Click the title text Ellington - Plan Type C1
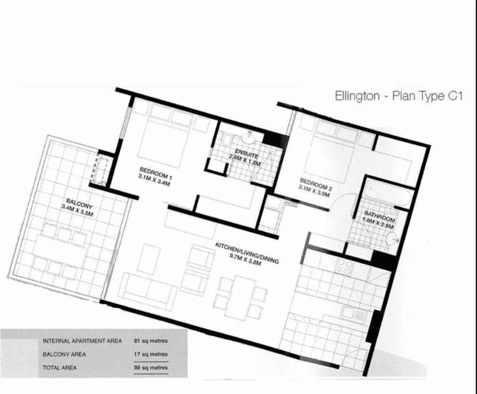point(399,96)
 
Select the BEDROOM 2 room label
point(316,184)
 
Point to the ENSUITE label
point(247,154)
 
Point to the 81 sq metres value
point(150,341)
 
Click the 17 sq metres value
point(150,354)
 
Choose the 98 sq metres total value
point(150,368)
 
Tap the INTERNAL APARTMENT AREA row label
point(82,341)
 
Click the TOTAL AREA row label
point(60,368)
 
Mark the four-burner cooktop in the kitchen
point(344,267)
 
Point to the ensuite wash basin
point(249,138)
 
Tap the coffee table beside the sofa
point(149,259)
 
